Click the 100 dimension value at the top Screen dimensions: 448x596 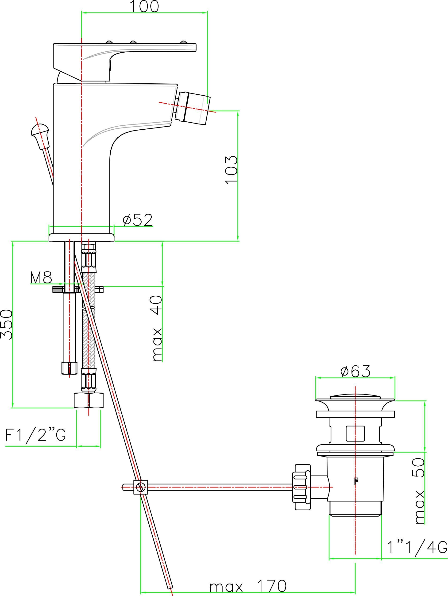[x=144, y=7]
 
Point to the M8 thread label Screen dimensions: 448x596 [x=41, y=278]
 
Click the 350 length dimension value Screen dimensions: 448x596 [x=7, y=324]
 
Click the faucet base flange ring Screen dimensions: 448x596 [x=81, y=237]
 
